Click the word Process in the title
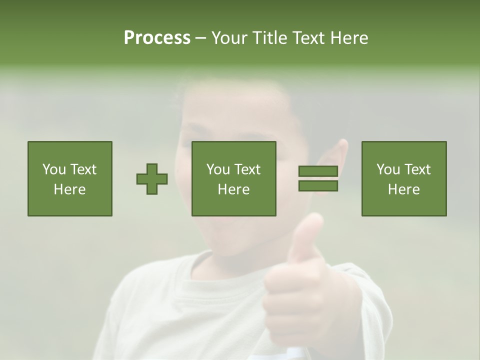(x=157, y=38)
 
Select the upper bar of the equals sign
(x=318, y=171)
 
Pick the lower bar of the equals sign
(x=318, y=186)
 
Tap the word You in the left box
(x=54, y=169)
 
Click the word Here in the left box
(x=69, y=189)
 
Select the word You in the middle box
(x=218, y=169)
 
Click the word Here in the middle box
(x=233, y=189)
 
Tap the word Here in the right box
(x=403, y=189)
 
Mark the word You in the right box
(x=388, y=169)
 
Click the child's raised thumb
(x=306, y=235)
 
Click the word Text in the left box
(x=83, y=169)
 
